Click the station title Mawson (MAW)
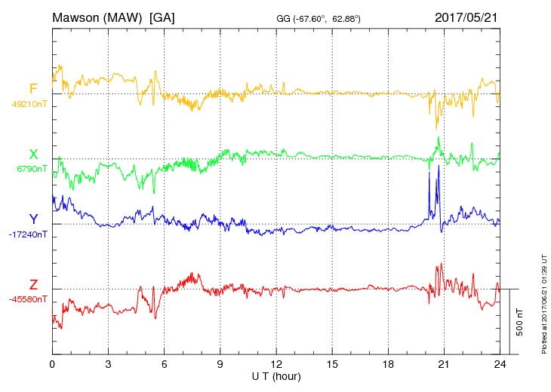tap(98, 17)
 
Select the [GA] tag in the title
tap(162, 17)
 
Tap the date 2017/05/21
tap(466, 17)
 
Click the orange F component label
tap(33, 89)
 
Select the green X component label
tap(33, 154)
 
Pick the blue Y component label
tap(33, 219)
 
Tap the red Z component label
tap(33, 284)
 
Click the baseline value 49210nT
tap(29, 104)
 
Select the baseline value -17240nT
tap(29, 234)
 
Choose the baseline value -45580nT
tap(29, 299)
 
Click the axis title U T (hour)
tap(276, 375)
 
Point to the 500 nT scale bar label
tap(520, 321)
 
